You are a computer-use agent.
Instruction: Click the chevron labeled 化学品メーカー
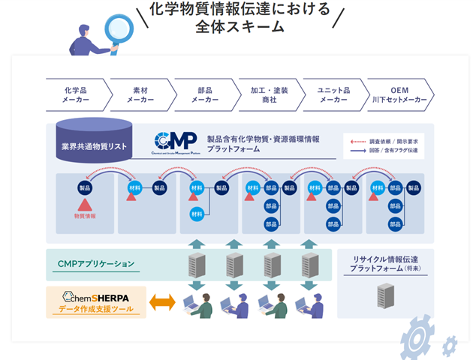point(77,94)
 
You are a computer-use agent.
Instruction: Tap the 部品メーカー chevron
point(205,94)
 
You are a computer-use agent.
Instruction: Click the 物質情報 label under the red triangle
point(85,215)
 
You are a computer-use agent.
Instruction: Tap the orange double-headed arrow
point(161,302)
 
